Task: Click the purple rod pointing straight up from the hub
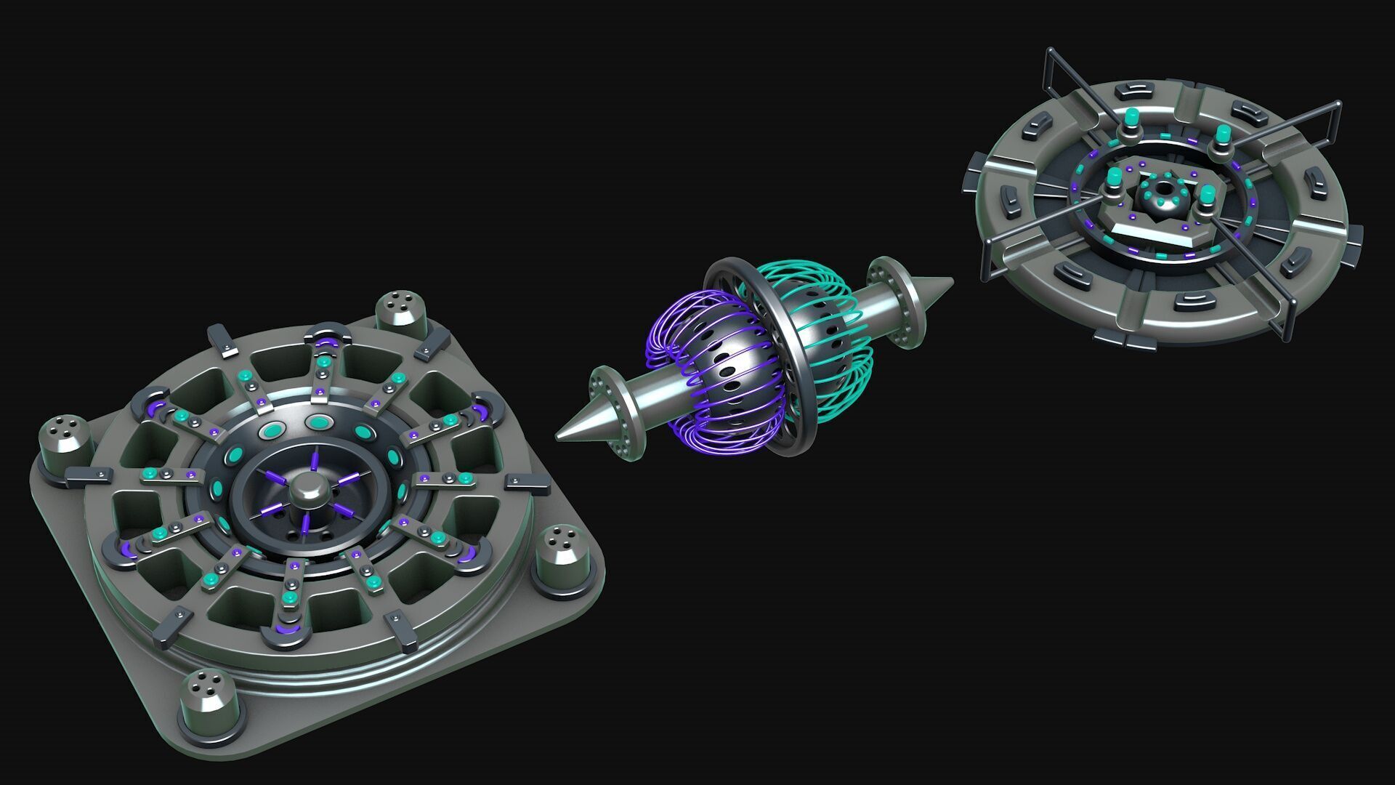315,462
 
